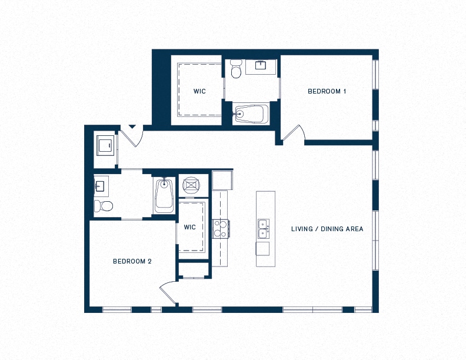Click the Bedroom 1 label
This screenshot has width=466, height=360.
327,91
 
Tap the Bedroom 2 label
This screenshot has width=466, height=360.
132,261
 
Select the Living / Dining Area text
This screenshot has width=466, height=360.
327,229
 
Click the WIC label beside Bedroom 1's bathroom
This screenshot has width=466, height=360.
199,91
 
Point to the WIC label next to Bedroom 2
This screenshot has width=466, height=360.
189,227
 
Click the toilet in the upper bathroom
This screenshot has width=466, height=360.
237,69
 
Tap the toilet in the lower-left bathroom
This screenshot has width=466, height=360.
104,206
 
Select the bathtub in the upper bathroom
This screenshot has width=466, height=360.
251,113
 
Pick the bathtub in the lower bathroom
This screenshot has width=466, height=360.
164,195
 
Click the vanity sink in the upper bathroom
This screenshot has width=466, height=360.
261,65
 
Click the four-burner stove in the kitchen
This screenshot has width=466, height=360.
221,229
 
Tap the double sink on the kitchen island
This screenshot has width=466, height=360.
264,229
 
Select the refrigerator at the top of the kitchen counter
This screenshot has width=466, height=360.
222,180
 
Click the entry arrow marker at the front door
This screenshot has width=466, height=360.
132,127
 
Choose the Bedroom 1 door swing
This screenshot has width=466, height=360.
294,133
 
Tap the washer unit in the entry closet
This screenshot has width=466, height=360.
105,145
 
